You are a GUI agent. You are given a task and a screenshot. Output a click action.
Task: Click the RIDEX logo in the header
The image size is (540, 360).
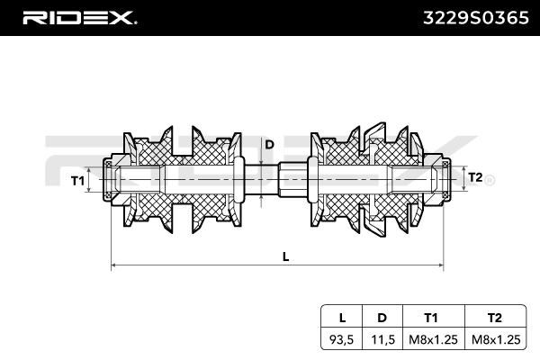coord(79,18)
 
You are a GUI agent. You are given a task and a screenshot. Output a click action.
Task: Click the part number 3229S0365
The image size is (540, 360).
coord(475,18)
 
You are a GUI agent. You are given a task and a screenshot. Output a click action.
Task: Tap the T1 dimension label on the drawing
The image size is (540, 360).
coord(77,181)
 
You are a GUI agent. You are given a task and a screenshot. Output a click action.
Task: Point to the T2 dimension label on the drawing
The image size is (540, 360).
coord(475,177)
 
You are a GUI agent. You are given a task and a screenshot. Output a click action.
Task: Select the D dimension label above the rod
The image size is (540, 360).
coord(269,144)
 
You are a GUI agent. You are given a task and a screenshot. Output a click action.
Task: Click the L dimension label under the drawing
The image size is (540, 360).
coord(285,256)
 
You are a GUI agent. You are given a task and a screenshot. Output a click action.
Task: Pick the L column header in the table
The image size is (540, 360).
coord(342,318)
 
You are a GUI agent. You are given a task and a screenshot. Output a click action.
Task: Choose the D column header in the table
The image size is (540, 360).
coord(382,318)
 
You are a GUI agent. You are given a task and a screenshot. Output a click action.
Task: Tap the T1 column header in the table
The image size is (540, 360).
coord(431,318)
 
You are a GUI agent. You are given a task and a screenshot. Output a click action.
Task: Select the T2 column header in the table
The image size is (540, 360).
coord(494,318)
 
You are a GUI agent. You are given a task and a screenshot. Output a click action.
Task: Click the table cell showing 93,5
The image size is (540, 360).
coord(341,339)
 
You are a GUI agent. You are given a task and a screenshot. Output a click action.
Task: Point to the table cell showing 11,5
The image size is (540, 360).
coord(382,339)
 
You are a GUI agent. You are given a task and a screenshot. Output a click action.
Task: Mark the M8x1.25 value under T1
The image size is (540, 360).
coord(433,339)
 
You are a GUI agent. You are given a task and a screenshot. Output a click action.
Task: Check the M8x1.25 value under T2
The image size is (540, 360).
coord(496,339)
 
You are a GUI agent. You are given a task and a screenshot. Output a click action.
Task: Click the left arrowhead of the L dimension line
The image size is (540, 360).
coord(113,265)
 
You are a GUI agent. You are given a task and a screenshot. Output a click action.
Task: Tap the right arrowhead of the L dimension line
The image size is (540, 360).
coord(440,265)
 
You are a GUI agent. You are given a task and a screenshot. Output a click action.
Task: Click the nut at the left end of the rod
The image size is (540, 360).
coord(112,180)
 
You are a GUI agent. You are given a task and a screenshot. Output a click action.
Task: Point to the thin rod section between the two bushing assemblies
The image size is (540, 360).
coord(261,181)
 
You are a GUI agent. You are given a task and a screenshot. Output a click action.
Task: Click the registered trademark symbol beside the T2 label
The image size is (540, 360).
coord(490,181)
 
